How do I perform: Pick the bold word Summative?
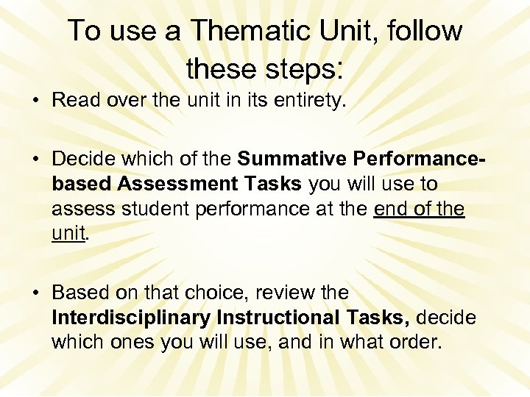pyautogui.click(x=292, y=159)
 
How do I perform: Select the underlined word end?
pyautogui.click(x=395, y=209)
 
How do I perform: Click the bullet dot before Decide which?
pyautogui.click(x=35, y=160)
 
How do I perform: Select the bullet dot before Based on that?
pyautogui.click(x=35, y=293)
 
